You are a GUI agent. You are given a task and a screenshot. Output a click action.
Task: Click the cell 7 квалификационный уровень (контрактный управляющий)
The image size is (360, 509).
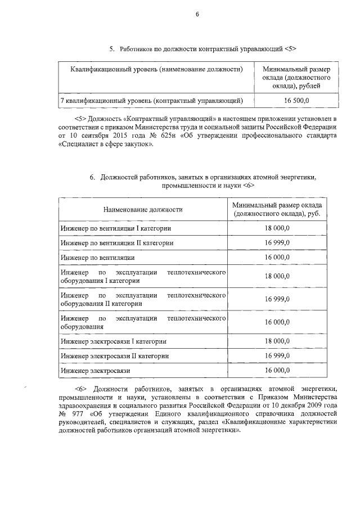click(152, 101)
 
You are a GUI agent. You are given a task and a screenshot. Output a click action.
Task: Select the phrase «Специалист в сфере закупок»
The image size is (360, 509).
click(105, 145)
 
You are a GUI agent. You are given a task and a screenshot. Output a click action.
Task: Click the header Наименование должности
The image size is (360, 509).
click(143, 210)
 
